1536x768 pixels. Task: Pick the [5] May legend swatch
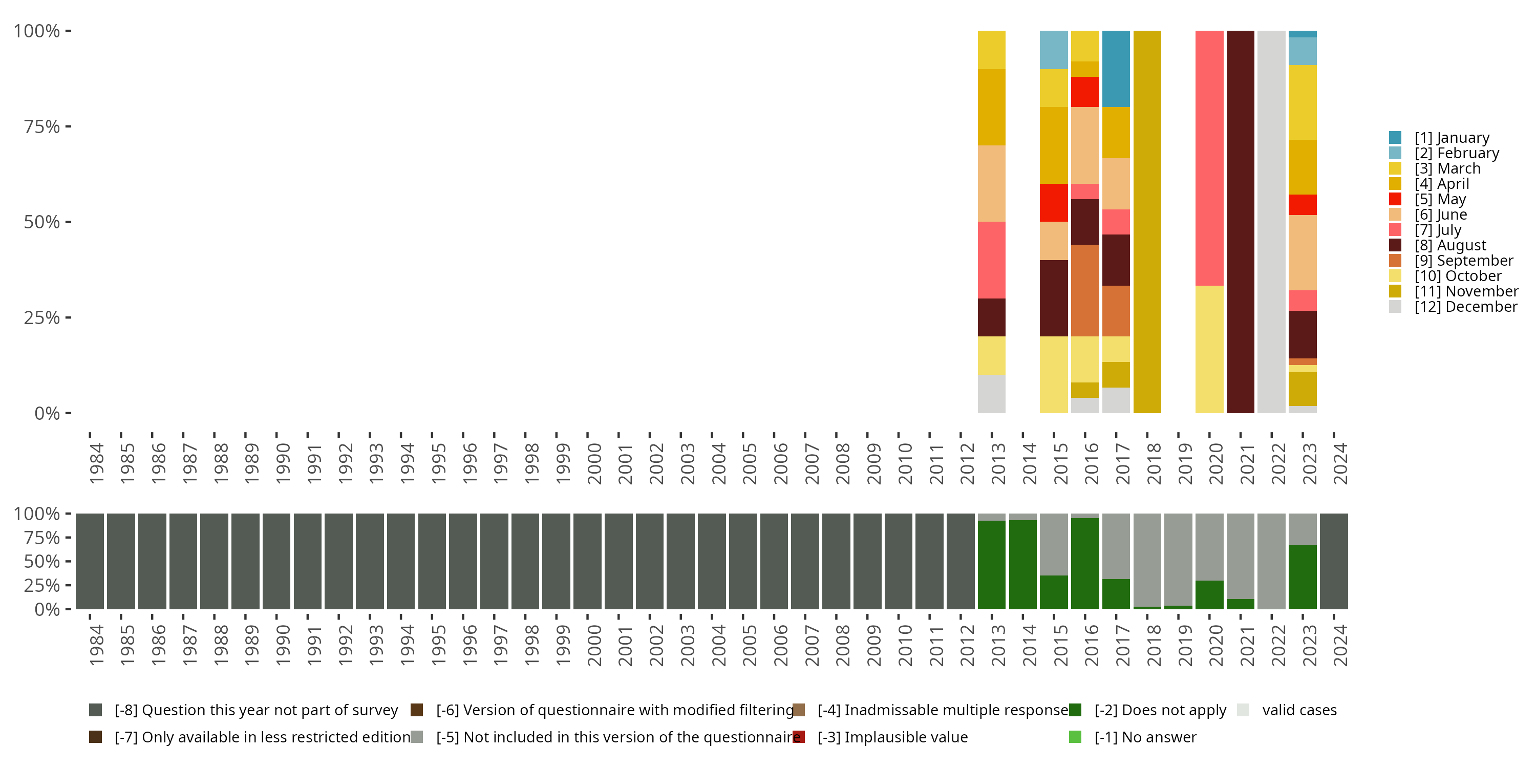[1395, 199]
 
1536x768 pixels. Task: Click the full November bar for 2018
[1147, 222]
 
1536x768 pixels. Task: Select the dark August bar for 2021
[1240, 222]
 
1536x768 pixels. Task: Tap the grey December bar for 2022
[1271, 222]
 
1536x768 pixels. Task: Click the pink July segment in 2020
[1209, 158]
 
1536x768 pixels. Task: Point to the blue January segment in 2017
[1116, 69]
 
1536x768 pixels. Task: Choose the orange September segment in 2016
[1084, 290]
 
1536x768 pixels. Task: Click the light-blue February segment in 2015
[1054, 50]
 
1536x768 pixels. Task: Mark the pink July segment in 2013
[991, 260]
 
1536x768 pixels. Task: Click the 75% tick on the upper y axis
[68, 126]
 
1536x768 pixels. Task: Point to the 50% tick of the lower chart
[68, 561]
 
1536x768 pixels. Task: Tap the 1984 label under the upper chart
[96, 463]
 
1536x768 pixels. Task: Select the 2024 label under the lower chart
[1340, 645]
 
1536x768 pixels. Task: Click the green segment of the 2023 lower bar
[1302, 576]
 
